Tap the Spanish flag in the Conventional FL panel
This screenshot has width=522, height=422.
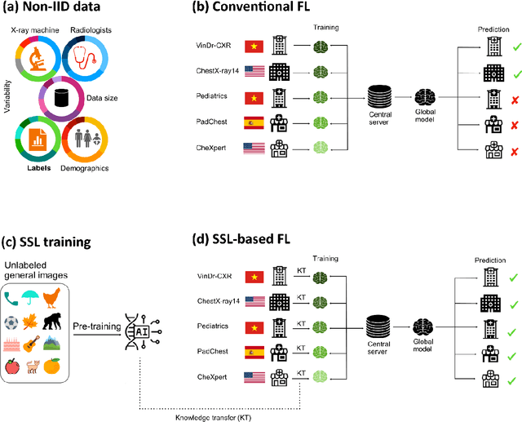[254, 124]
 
